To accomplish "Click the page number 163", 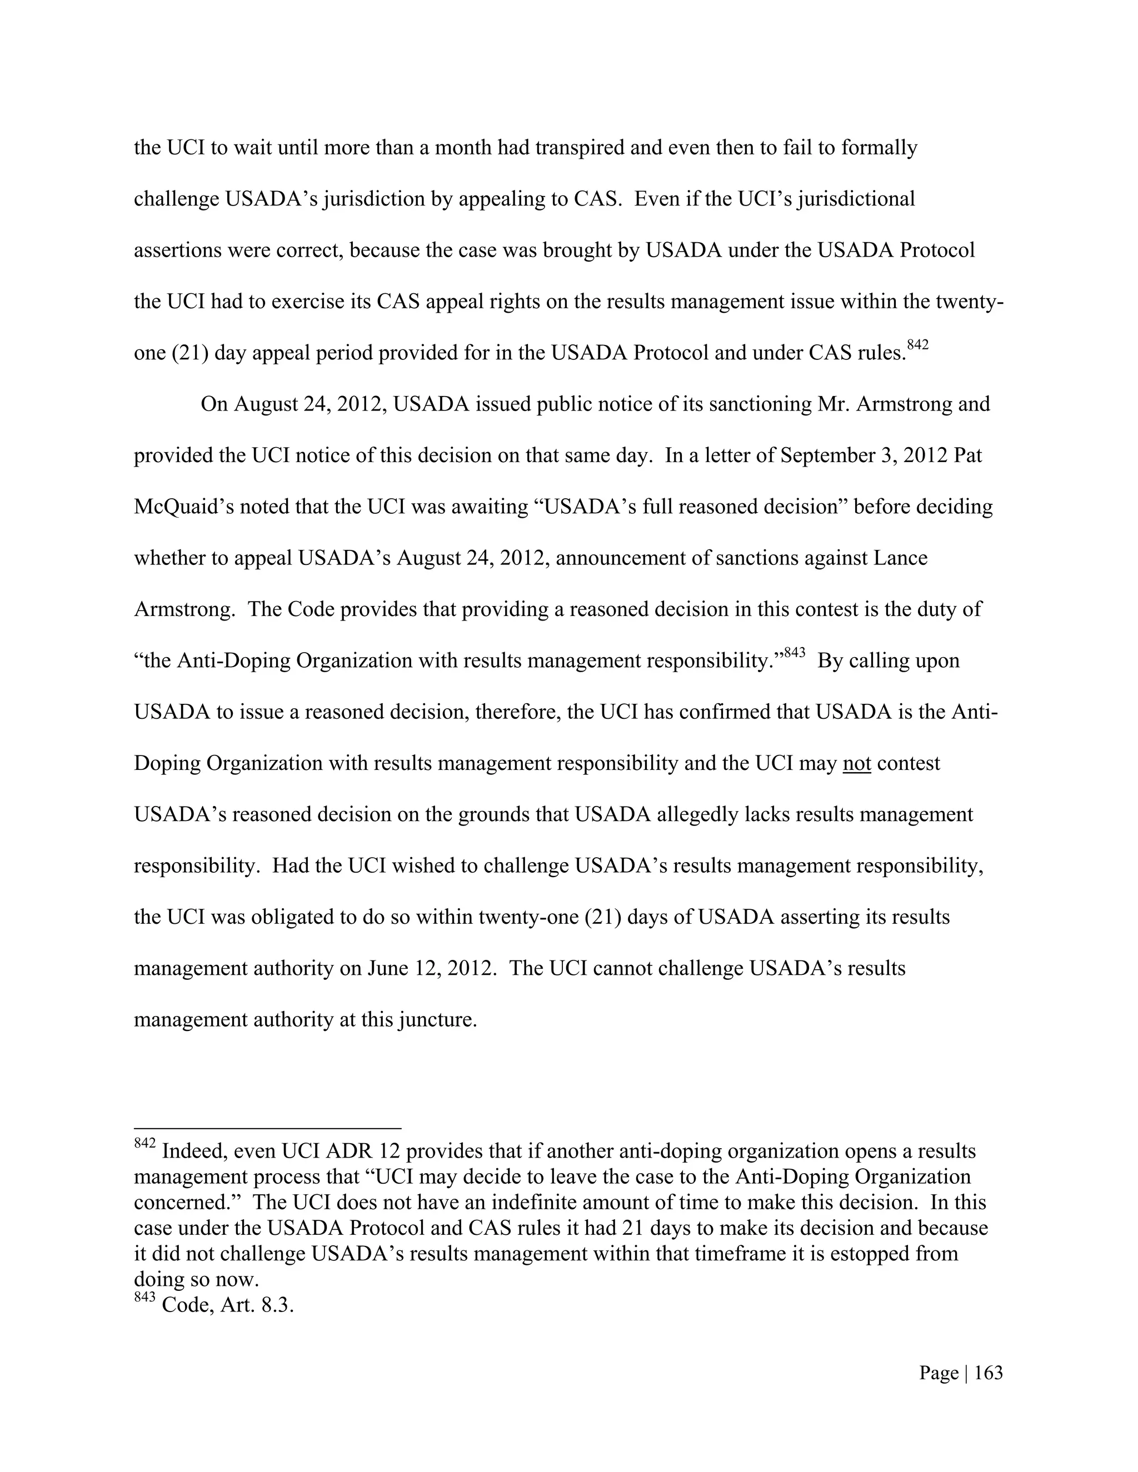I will [x=989, y=1373].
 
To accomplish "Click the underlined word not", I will [x=856, y=764].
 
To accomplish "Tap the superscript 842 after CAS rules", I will [x=917, y=346].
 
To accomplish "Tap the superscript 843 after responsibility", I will [x=794, y=653].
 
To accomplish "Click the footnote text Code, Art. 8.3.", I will [x=228, y=1305].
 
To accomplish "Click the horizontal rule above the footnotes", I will [x=268, y=1128].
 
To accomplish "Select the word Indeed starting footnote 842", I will [x=193, y=1151].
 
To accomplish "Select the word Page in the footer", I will [x=939, y=1373].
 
